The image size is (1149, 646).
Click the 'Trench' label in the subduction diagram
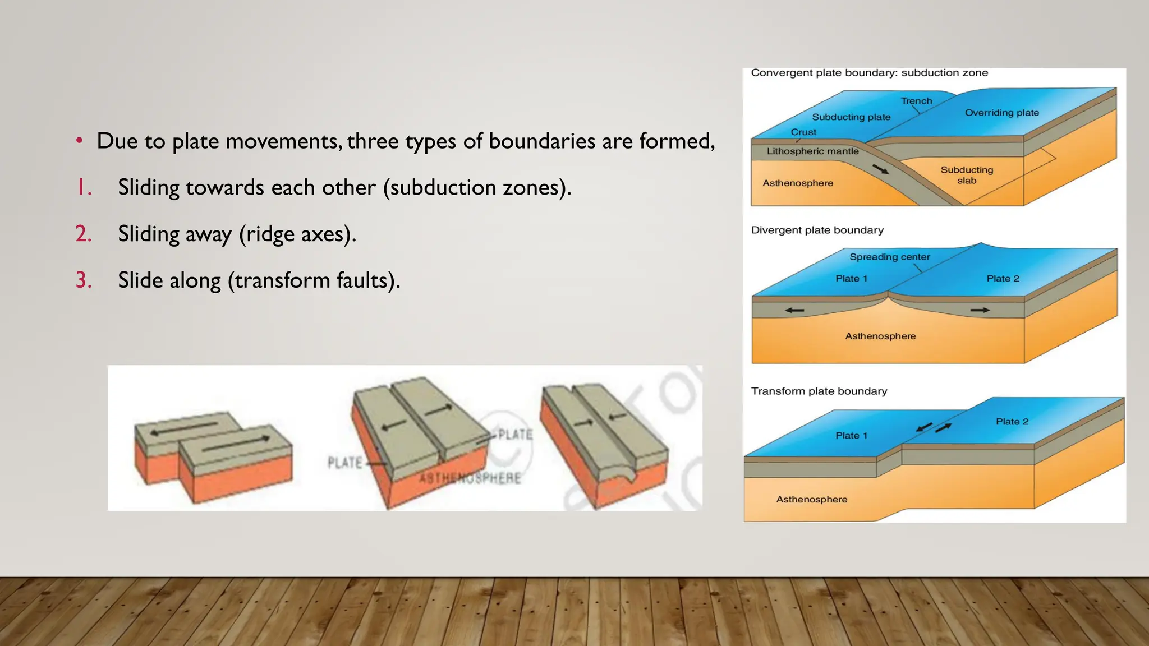pos(916,101)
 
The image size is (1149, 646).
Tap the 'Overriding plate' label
pos(1001,113)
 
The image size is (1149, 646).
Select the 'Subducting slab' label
pos(967,175)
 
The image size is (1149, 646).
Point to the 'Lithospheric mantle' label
pos(812,151)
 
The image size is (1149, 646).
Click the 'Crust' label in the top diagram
pos(803,132)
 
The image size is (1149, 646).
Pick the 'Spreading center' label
pos(889,257)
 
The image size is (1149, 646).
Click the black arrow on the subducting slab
pos(881,169)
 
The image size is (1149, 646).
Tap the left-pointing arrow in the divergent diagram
pos(794,310)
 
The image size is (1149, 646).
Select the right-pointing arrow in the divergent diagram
pos(980,310)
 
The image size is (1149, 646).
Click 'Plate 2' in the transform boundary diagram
pos(1012,422)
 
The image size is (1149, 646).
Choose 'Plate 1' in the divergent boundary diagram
pos(851,279)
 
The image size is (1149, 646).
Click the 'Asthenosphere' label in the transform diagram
pos(811,500)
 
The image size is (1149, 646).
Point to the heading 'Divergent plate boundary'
pos(817,230)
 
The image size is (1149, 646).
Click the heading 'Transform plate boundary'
pos(819,391)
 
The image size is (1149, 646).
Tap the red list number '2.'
pos(84,234)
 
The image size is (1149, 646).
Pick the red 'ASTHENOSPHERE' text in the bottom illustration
pos(470,478)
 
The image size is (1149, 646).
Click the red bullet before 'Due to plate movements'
pos(80,141)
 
